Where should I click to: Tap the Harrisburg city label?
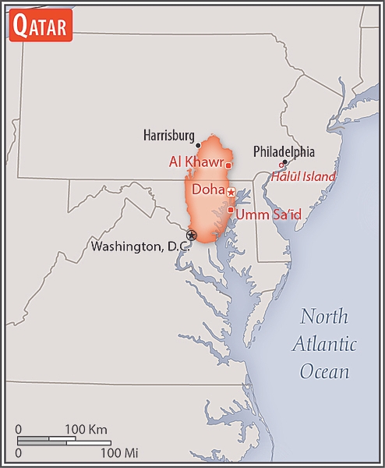coord(169,136)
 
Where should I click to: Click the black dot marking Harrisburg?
coord(200,144)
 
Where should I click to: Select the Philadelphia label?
coord(284,151)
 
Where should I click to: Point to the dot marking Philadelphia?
coord(285,162)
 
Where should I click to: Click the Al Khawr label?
coord(196,162)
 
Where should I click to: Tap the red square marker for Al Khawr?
coord(228,165)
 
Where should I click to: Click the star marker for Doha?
coord(231,192)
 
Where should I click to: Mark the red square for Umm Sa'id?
coord(231,209)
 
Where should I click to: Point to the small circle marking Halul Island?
coord(281,165)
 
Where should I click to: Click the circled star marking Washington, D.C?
coord(191,235)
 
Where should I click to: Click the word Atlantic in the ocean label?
coord(325,344)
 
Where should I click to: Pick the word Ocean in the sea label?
coord(325,371)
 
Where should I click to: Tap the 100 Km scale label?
coord(86,429)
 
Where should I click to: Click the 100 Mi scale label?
coord(119,452)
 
